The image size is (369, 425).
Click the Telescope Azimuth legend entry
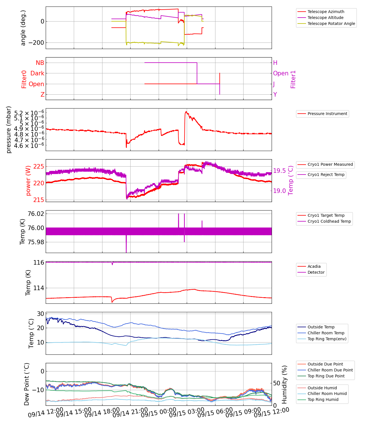click(326, 12)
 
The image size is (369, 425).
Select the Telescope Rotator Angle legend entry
click(331, 24)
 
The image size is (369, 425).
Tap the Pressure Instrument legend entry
click(327, 114)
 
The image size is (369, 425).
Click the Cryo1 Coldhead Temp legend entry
click(329, 221)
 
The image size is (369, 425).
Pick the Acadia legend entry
click(314, 266)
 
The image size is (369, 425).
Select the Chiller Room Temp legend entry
click(326, 333)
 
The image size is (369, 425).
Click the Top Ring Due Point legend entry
click(326, 376)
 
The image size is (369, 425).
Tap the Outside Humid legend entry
click(322, 388)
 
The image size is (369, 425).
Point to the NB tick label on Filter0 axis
click(40, 63)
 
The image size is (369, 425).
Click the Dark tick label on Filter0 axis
click(37, 73)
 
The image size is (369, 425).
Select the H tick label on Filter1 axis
click(275, 63)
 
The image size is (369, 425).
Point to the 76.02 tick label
click(36, 214)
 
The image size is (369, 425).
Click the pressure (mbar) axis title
click(9, 129)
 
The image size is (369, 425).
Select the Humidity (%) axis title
click(285, 384)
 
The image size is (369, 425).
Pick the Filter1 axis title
click(293, 79)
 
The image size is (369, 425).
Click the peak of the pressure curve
click(186, 111)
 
